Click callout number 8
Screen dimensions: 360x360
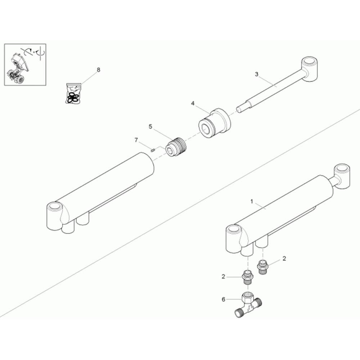point(98,70)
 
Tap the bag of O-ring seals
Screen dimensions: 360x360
point(74,94)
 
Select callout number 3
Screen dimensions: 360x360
point(256,74)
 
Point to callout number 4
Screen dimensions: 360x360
point(193,103)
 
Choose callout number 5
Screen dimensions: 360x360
point(150,126)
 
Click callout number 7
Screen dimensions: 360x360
point(136,140)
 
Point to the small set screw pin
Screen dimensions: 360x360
point(153,150)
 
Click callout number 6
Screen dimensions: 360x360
point(223,299)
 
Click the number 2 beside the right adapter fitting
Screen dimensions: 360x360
point(284,258)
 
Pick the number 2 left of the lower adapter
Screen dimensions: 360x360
point(223,276)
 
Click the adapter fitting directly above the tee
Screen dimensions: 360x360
point(248,276)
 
